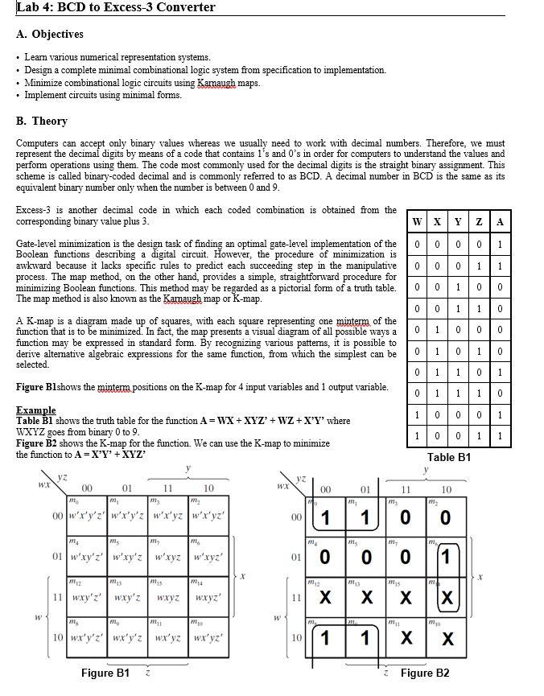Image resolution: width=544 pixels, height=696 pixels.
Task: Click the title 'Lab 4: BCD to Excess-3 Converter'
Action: pyautogui.click(x=116, y=8)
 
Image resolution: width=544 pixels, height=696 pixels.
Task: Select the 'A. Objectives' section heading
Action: pyautogui.click(x=49, y=35)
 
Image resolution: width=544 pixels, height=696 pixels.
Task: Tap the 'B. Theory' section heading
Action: pyautogui.click(x=42, y=121)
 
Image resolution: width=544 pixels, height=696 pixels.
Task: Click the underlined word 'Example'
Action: pyautogui.click(x=36, y=410)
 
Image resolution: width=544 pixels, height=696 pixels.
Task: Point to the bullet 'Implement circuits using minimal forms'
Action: pyautogui.click(x=103, y=95)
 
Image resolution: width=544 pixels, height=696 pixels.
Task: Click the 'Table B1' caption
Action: pyautogui.click(x=449, y=457)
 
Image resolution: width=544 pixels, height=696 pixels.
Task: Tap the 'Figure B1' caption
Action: pyautogui.click(x=105, y=673)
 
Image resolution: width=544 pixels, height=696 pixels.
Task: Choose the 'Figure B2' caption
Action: pyautogui.click(x=425, y=673)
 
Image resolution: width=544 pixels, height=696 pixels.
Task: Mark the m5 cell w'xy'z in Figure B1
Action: pyautogui.click(x=126, y=557)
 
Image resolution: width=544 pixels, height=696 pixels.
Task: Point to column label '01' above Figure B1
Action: pyautogui.click(x=126, y=488)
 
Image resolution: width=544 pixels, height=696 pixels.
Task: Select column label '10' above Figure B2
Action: pyautogui.click(x=447, y=489)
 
